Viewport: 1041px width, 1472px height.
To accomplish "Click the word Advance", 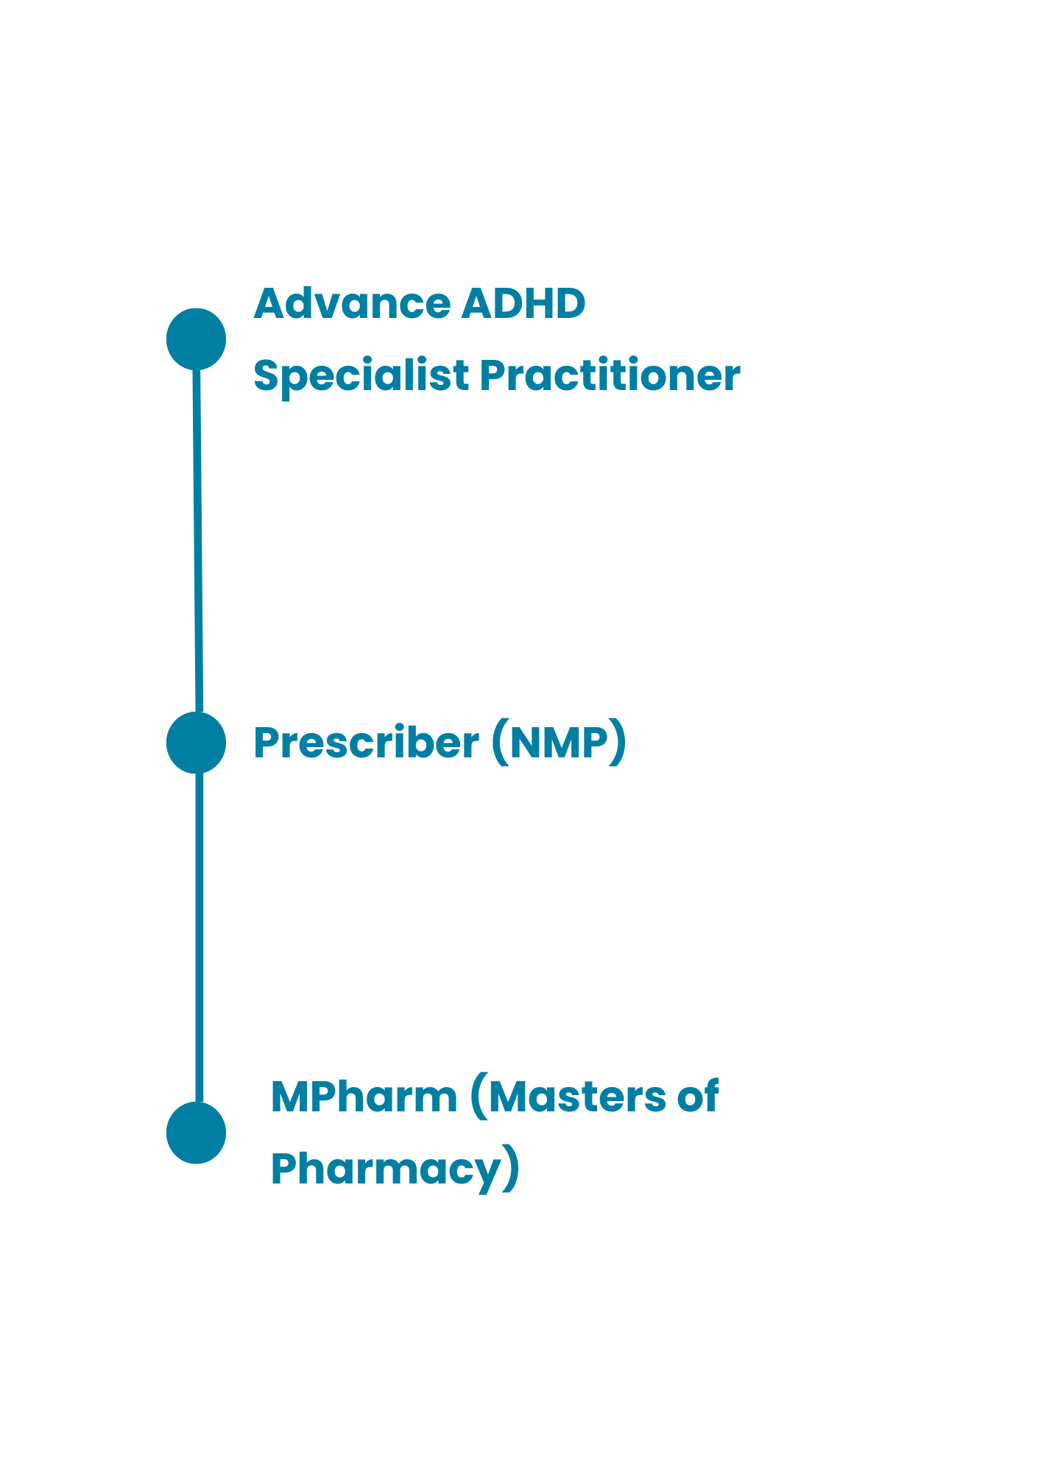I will coord(352,303).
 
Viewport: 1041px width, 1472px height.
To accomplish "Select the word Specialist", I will coord(361,376).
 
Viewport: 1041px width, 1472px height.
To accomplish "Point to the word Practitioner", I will coord(610,375).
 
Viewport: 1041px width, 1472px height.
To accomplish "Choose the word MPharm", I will coord(364,1097).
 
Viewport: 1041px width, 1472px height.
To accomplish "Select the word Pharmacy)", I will coord(395,1169).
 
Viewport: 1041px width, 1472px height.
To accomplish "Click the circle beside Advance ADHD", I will coord(196,339).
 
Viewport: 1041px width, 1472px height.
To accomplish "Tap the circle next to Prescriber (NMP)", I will coord(196,743).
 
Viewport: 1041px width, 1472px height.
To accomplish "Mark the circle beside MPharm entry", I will coord(196,1133).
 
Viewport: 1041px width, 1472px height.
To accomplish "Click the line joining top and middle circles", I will coord(197,537).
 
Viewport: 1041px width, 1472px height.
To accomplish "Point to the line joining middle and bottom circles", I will coord(200,935).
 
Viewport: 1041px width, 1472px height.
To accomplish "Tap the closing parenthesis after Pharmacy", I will coord(512,1169).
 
